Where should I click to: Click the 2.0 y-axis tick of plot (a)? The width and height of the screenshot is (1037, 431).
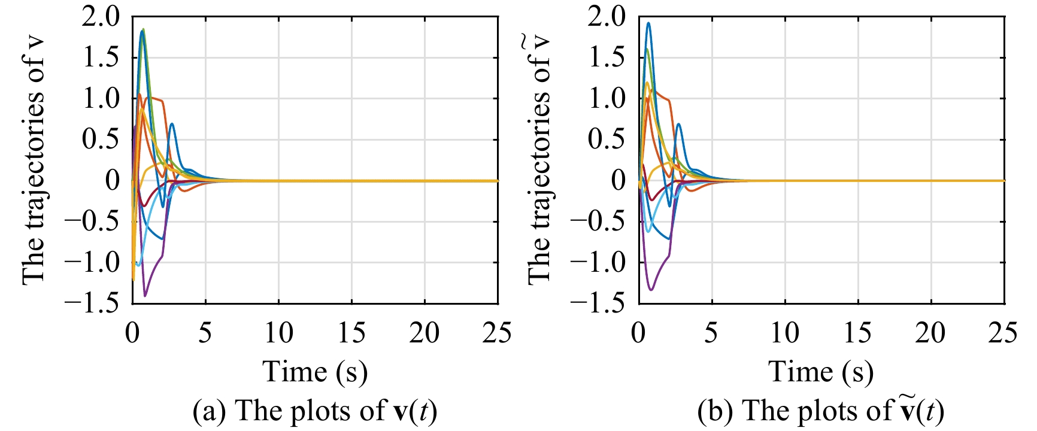101,17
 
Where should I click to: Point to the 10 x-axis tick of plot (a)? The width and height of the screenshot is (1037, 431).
278,333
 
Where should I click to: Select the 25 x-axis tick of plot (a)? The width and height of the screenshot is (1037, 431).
497,333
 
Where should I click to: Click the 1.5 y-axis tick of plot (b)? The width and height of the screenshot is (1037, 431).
607,58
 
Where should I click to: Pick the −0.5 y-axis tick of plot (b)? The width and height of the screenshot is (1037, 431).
599,221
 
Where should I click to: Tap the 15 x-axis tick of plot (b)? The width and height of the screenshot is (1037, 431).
857,333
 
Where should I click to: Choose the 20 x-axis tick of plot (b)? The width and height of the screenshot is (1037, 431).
930,333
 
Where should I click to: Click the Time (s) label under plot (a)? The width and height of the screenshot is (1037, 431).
315,372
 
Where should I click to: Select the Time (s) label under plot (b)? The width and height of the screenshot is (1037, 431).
821,372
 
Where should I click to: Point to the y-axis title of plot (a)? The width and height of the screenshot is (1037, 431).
34,160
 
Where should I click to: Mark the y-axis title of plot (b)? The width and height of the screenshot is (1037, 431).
540,160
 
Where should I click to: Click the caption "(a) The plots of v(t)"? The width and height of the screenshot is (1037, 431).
315,411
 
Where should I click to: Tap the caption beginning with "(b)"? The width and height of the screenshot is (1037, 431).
821,411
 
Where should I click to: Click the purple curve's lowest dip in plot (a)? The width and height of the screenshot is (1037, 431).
145,295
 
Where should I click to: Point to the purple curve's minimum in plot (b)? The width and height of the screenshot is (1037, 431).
651,290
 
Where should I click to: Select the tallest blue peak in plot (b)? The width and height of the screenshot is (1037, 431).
648,23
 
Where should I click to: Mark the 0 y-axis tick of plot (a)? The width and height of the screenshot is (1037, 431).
113,181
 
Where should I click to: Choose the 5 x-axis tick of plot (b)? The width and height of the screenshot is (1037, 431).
711,333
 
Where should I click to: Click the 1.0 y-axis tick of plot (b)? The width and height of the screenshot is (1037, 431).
607,99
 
